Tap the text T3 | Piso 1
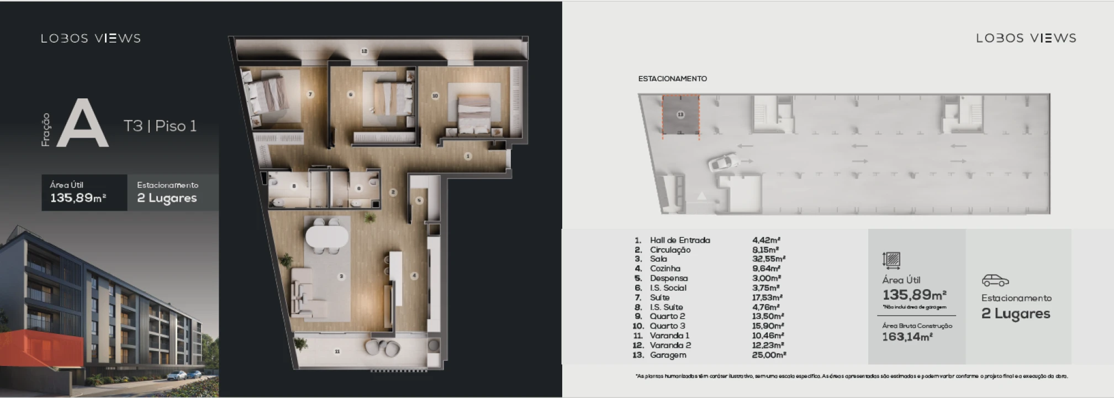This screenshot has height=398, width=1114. point(160,126)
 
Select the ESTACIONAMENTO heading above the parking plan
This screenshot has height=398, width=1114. point(672,78)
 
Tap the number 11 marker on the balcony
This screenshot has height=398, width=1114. point(337,352)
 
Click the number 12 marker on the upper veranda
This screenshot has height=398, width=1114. point(364,51)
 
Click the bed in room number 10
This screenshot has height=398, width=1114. point(473,113)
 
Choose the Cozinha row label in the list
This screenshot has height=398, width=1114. point(665,269)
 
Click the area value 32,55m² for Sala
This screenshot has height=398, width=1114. point(768,259)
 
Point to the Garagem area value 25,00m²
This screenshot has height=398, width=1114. point(768,355)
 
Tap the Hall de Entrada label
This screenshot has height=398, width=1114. point(680,240)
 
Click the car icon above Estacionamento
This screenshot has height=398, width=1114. point(995,281)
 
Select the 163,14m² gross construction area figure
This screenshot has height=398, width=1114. point(907,337)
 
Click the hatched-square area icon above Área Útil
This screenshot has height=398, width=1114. point(891,259)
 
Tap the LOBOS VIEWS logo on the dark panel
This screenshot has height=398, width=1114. point(91,38)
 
